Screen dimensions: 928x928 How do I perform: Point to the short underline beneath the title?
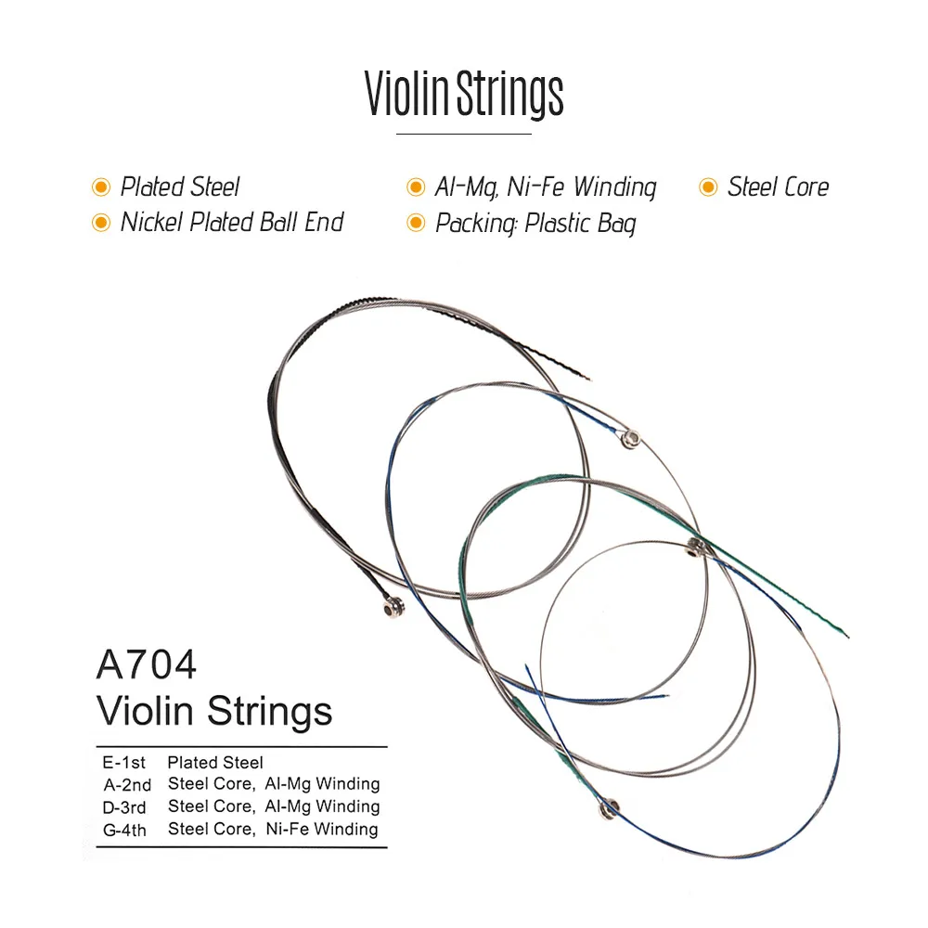click(463, 135)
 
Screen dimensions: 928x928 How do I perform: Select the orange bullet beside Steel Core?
click(708, 188)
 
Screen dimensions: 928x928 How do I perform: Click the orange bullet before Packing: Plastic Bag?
click(416, 224)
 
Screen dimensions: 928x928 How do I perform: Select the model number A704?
click(147, 666)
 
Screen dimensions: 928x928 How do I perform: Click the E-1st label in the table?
click(124, 763)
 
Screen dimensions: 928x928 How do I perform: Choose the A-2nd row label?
click(125, 785)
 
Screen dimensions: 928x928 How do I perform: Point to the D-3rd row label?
click(125, 807)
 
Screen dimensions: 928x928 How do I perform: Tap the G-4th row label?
click(125, 830)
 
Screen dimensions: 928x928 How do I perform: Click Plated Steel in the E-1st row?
click(215, 763)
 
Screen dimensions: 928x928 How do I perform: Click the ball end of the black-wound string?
click(388, 608)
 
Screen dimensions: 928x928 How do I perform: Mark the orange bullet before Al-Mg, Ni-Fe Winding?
click(416, 188)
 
